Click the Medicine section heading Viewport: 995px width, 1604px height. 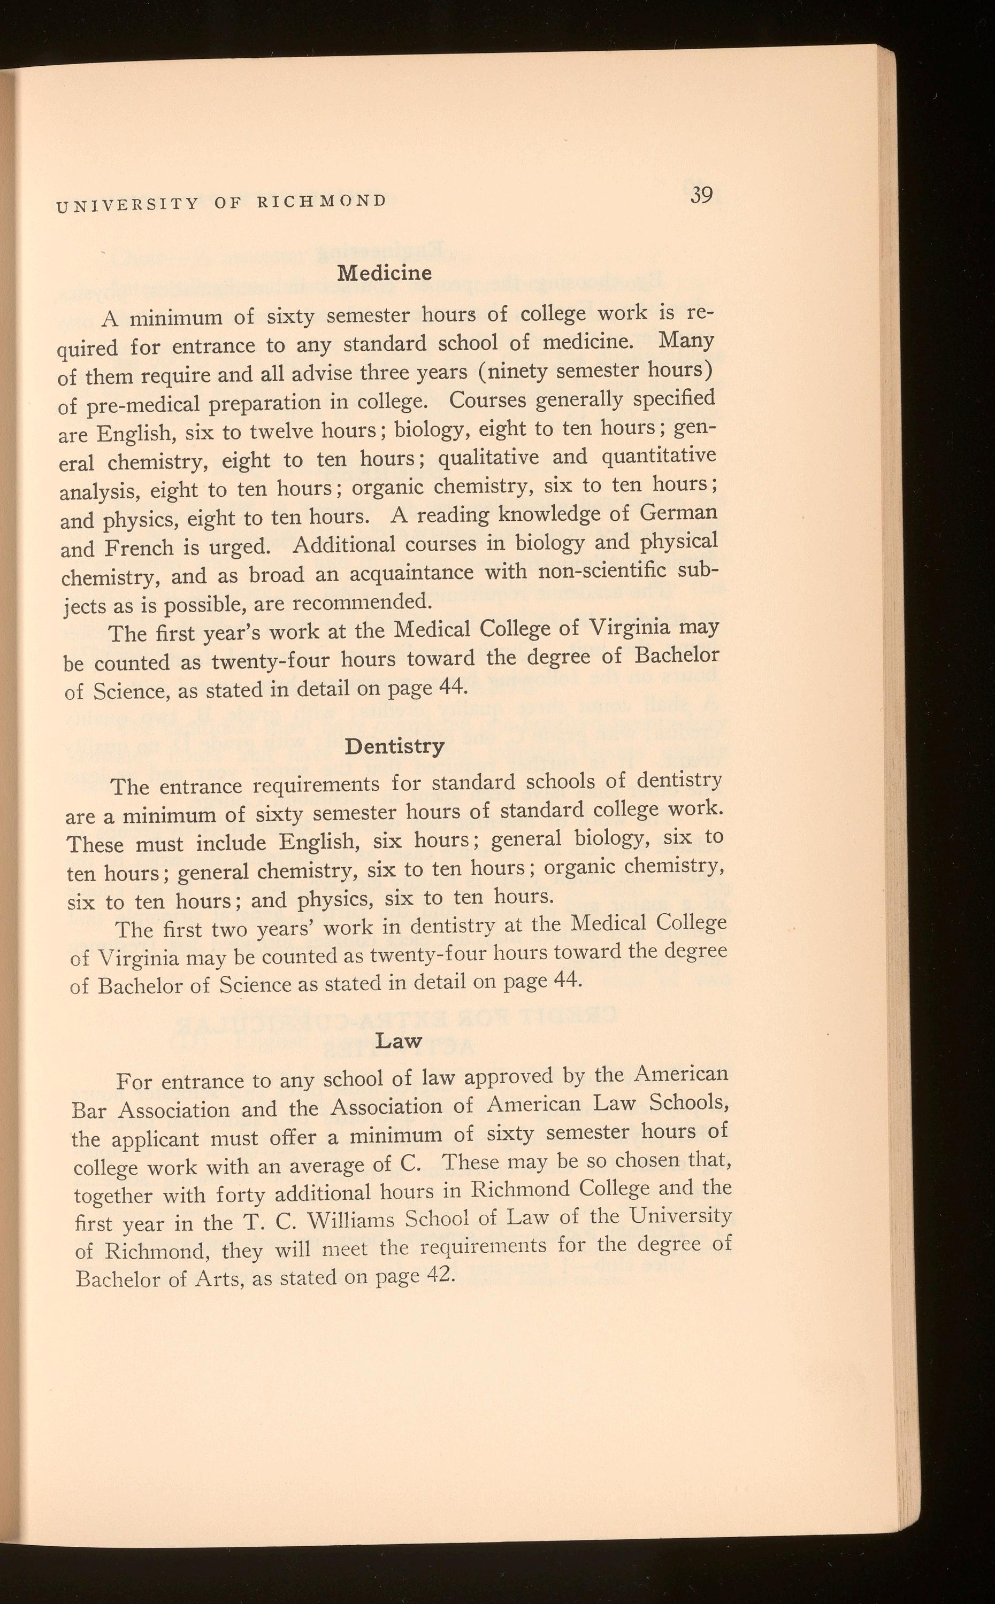pos(384,273)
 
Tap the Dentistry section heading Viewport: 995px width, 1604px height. pos(394,746)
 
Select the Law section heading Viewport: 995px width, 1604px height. pos(397,1040)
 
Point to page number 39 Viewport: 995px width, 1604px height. pos(701,195)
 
